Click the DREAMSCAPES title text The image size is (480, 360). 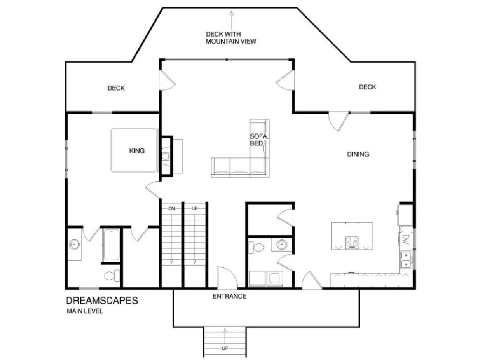102,300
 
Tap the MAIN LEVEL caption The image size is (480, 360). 85,312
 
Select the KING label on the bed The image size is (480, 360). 137,151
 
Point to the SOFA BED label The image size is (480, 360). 258,140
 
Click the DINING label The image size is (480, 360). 358,154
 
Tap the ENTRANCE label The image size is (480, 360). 229,296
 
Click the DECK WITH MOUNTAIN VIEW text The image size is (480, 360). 231,37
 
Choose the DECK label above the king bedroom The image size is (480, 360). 116,88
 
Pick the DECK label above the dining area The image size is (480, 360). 367,87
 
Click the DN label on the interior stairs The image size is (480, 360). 171,208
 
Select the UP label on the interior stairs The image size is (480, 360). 195,208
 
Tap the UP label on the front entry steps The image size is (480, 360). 225,348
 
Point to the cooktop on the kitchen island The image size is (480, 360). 352,242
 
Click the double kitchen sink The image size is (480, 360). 406,260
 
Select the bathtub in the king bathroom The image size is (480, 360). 111,245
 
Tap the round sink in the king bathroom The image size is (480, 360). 74,245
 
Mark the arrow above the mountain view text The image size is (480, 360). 232,20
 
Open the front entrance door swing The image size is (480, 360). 227,277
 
